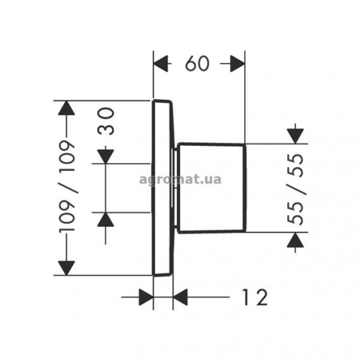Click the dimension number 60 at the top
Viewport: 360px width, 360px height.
197,64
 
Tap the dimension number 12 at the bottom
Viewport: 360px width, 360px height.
255,297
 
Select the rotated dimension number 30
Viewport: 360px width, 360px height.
106,121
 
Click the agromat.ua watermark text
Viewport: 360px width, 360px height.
180,179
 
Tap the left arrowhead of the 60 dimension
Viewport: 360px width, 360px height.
161,64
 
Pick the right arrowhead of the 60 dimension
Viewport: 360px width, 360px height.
238,64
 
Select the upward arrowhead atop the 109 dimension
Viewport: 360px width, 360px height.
67,108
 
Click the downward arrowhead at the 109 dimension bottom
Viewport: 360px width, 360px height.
67,268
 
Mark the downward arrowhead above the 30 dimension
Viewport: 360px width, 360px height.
106,157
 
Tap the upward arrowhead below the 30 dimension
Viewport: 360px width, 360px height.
106,220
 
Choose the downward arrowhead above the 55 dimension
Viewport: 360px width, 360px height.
295,136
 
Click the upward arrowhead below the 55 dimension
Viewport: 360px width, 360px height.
295,239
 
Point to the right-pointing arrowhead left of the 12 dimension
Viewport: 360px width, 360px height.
146,297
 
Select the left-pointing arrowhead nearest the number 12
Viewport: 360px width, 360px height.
180,297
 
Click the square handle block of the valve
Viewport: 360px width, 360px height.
212,188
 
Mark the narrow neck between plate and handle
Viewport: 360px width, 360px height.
175,188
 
